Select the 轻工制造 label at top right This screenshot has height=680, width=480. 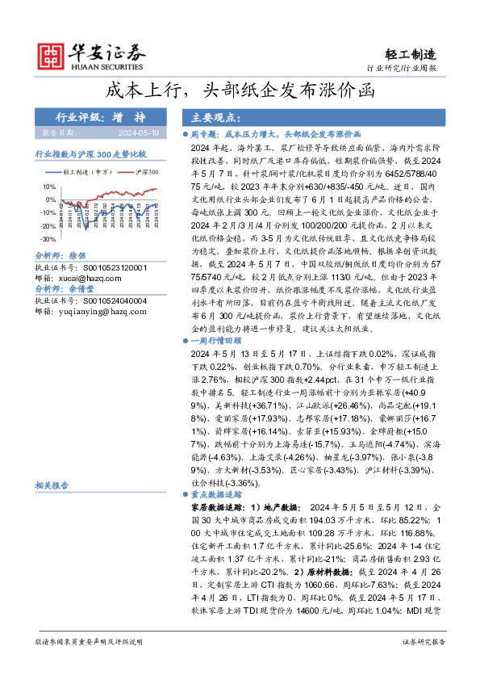tap(414, 55)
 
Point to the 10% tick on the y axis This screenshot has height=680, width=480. tap(49, 186)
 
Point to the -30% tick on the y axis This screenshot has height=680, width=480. tap(48, 239)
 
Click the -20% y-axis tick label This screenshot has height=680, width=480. tap(48, 225)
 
